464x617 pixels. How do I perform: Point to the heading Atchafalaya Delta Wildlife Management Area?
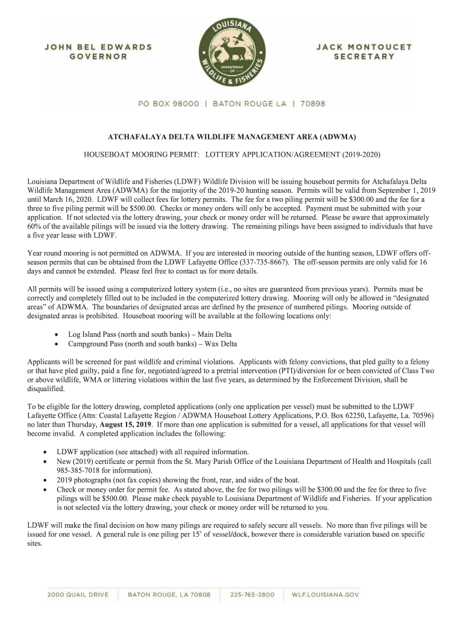232,137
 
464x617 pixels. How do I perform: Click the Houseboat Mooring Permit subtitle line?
232,154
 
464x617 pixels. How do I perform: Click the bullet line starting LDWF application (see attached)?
152,451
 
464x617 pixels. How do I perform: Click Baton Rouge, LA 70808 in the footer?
169,595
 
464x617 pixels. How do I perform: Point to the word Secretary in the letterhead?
364,57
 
